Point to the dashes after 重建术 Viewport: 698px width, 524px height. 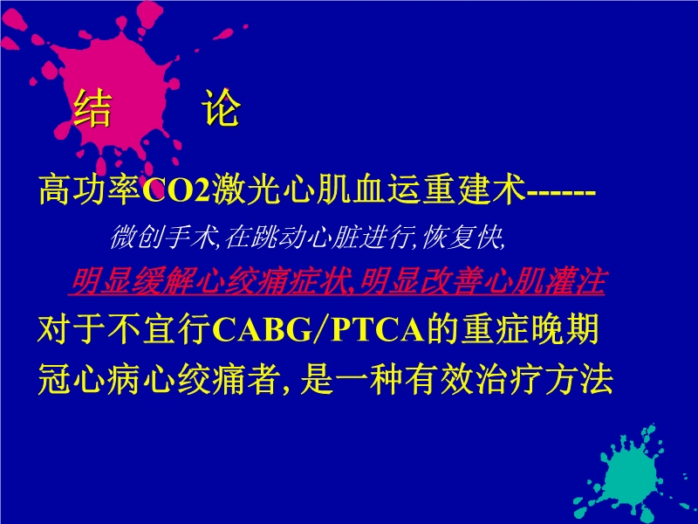tap(561, 190)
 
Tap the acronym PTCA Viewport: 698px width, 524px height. tap(375, 331)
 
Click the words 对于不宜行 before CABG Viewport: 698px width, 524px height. tap(122, 331)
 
